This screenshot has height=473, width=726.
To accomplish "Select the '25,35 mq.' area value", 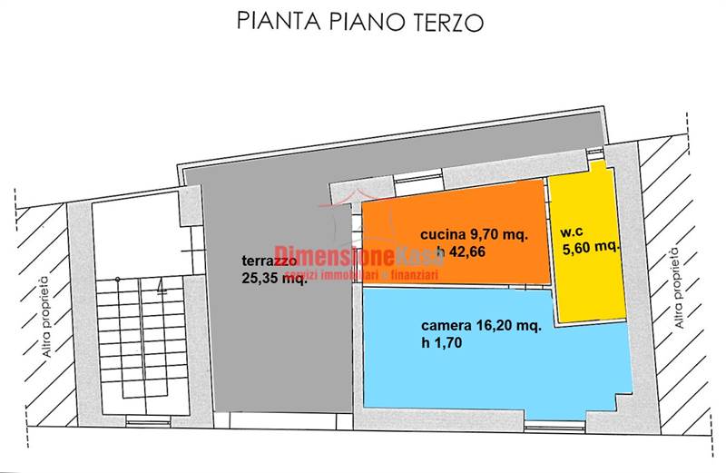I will pos(274,278).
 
